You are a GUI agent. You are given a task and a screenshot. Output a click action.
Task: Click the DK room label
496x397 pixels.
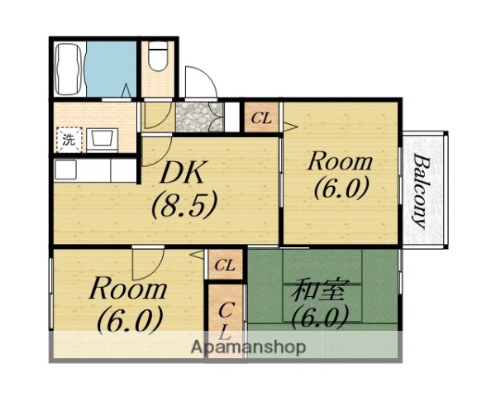[x=182, y=173]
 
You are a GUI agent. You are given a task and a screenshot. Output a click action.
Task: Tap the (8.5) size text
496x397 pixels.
[x=184, y=204]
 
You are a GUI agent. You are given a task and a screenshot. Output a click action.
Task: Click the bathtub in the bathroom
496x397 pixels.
[x=69, y=69]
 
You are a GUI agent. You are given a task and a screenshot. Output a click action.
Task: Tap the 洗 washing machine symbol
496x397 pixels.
[x=69, y=140]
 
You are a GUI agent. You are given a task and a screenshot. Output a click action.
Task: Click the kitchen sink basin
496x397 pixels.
[x=66, y=170]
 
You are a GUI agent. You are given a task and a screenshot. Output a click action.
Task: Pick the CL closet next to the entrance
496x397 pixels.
[x=261, y=117]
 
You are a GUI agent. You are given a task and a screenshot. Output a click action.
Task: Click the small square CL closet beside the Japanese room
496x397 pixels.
[x=225, y=265]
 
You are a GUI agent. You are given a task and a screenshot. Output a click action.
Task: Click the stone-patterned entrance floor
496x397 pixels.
[x=199, y=117]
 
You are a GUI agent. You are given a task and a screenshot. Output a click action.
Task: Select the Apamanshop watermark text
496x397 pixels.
[x=248, y=347]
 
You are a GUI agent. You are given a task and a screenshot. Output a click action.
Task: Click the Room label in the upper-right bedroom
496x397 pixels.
[x=340, y=161]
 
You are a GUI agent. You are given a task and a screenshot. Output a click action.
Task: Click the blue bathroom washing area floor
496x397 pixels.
[x=111, y=69]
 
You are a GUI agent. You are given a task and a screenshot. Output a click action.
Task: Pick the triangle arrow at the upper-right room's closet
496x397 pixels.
[x=290, y=127]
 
